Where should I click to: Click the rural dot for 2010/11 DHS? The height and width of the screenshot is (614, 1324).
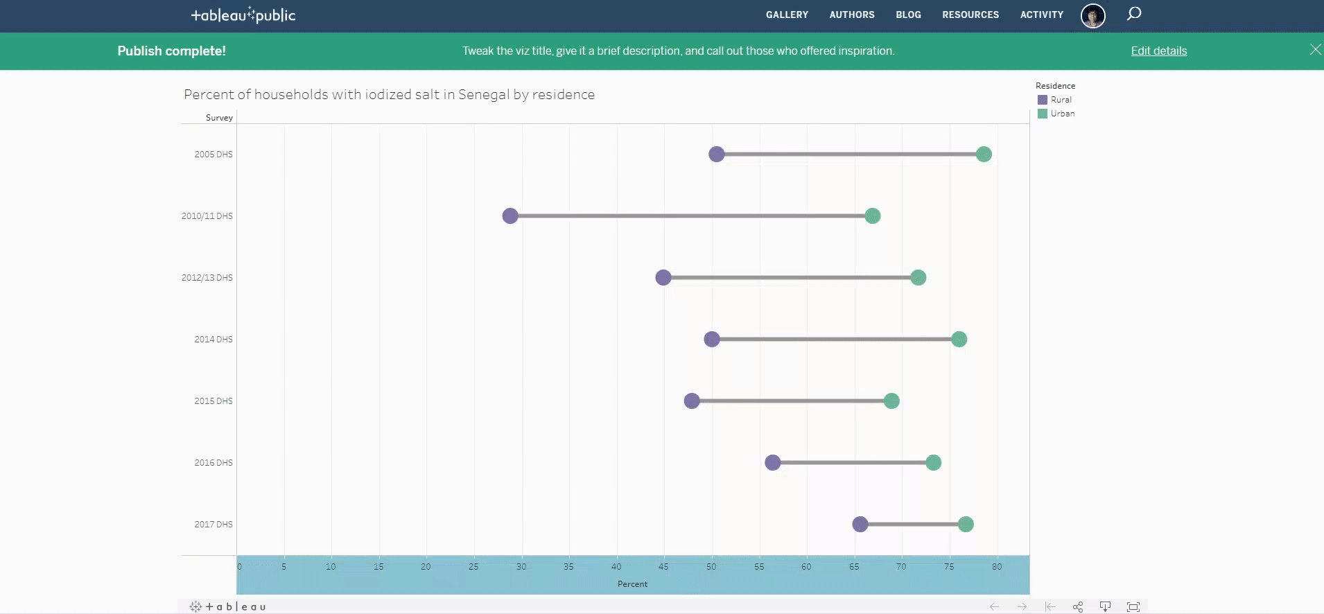[x=510, y=216]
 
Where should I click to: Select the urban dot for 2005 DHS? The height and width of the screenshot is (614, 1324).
[x=983, y=154]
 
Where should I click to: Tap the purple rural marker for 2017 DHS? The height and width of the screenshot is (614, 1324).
[x=860, y=524]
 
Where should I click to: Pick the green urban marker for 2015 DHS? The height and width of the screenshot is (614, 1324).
[x=891, y=401]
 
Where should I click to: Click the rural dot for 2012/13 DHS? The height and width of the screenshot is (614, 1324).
[x=663, y=277]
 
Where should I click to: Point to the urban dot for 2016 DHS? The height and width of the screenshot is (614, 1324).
[x=933, y=462]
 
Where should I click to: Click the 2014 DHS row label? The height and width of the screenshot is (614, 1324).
[x=213, y=339]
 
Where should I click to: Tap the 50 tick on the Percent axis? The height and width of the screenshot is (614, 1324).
[x=711, y=566]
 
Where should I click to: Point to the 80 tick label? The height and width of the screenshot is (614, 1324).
[x=996, y=566]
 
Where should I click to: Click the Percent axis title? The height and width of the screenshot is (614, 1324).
[x=632, y=584]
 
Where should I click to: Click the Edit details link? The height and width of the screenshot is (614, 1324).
[x=1158, y=51]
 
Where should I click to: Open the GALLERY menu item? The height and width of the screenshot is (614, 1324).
[x=787, y=15]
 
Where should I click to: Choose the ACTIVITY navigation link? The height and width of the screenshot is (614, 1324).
[x=1041, y=15]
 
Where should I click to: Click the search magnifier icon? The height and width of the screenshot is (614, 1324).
[x=1133, y=14]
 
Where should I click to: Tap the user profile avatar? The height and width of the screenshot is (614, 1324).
[x=1092, y=15]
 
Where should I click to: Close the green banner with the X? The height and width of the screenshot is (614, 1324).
[x=1315, y=49]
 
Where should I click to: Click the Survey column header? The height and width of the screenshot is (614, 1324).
[x=219, y=118]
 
